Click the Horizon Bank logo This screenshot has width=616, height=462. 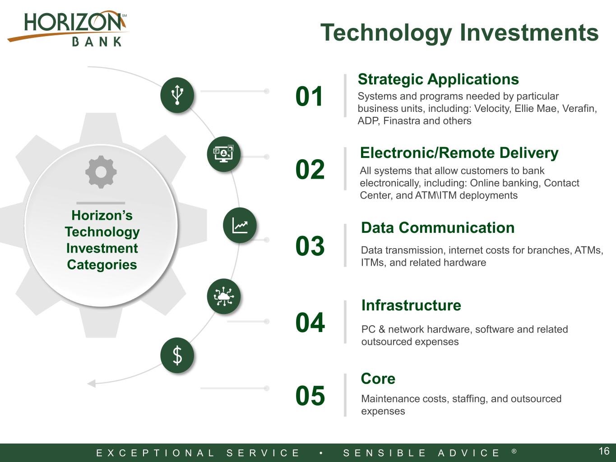67,28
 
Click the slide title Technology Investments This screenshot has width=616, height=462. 459,33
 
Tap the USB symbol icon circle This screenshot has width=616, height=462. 177,95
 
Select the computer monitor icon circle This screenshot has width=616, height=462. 224,154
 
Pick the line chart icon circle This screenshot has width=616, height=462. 240,225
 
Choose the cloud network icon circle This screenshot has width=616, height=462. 224,296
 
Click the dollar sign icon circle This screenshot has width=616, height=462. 177,356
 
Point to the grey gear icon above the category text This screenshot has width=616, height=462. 101,172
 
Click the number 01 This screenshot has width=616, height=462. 309,97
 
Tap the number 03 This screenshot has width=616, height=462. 310,246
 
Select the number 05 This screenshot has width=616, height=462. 310,396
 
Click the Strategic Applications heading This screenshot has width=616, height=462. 438,79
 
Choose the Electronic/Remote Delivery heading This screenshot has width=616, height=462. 459,153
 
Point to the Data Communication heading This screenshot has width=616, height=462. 438,227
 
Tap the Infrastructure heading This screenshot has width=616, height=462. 411,305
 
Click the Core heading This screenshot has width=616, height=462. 378,379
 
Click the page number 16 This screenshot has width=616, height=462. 604,451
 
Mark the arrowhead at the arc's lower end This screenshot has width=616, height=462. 92,383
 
